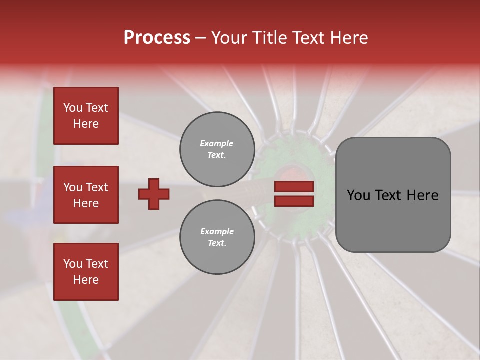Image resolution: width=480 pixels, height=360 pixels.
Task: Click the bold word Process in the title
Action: click(x=157, y=38)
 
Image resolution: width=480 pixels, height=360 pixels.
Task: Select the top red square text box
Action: click(x=86, y=116)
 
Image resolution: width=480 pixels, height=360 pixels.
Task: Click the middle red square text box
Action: click(x=86, y=195)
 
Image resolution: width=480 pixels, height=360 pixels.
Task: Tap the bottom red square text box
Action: click(x=86, y=272)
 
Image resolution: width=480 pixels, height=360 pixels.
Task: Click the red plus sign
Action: click(x=154, y=194)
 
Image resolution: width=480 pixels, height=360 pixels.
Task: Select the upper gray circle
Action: click(x=217, y=149)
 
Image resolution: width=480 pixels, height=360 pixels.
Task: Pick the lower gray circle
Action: click(x=217, y=237)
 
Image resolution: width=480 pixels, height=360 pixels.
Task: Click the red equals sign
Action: click(x=294, y=194)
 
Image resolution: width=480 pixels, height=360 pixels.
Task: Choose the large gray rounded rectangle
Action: click(x=393, y=195)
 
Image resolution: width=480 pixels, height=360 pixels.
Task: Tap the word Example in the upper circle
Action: click(x=217, y=143)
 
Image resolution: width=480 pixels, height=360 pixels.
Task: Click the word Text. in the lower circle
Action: click(x=217, y=243)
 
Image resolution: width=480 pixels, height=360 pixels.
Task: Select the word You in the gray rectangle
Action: click(x=359, y=195)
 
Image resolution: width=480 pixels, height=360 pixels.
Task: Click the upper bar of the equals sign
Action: click(x=294, y=187)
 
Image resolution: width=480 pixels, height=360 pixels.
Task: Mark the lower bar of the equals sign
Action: click(x=294, y=201)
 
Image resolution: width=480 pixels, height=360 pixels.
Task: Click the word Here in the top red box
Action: click(x=86, y=124)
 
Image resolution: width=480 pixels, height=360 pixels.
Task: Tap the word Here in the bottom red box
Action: click(x=86, y=280)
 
